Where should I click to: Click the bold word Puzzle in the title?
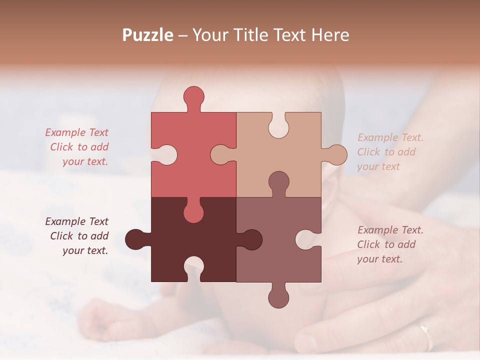[x=148, y=35]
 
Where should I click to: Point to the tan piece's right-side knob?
[x=336, y=154]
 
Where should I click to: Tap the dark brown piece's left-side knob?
[x=135, y=239]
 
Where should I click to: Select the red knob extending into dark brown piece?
[x=193, y=212]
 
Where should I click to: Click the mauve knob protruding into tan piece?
[x=278, y=182]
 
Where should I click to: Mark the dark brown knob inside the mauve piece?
[x=251, y=239]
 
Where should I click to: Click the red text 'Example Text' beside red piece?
[x=77, y=132]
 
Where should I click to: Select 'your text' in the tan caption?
[x=378, y=166]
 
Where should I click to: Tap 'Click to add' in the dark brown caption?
[x=79, y=236]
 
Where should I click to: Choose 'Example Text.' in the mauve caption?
[x=390, y=230]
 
